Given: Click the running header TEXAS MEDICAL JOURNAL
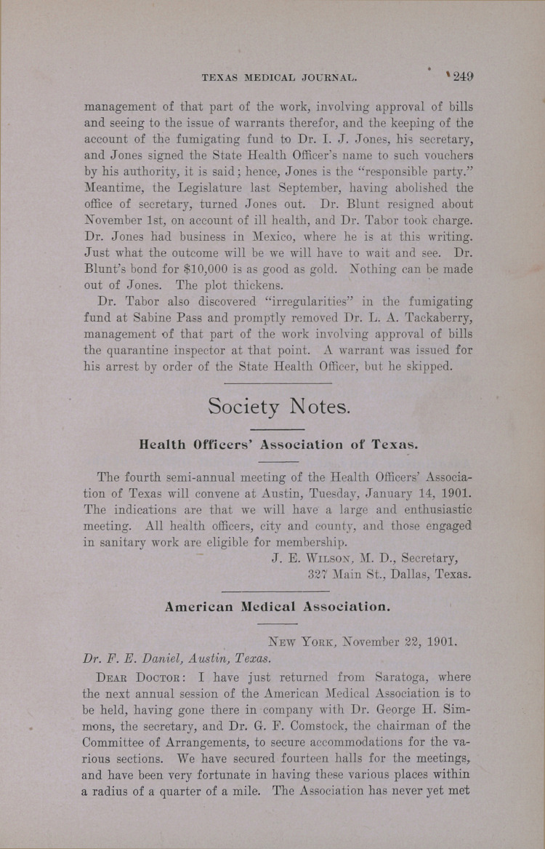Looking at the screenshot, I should tap(278, 77).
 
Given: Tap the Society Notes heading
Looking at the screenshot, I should tap(279, 406).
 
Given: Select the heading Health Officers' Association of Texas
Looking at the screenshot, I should tap(279, 445).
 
